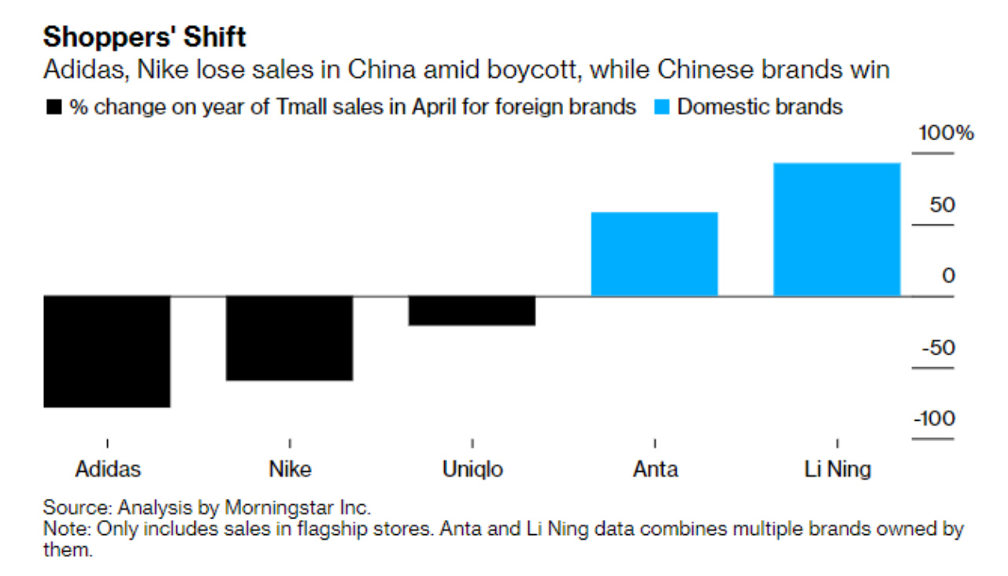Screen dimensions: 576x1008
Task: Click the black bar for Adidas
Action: coord(107,351)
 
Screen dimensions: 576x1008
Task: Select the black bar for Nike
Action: coord(289,338)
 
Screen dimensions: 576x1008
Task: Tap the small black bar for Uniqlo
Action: coord(472,310)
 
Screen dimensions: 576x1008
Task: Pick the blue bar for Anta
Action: coord(654,254)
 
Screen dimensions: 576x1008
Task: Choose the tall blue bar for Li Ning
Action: coord(836,229)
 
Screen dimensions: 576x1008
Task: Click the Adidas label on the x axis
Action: coord(108,470)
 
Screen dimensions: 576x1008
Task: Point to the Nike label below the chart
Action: coord(290,470)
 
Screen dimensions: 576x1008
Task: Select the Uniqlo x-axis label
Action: coord(472,470)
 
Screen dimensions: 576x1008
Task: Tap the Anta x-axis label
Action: coord(655,470)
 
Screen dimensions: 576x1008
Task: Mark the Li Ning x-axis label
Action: coord(837,470)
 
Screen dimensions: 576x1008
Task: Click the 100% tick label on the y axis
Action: coord(945,132)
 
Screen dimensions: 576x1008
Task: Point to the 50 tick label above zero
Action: coord(942,205)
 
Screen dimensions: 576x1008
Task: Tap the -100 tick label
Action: coord(934,418)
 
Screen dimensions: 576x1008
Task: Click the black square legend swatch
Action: coord(54,107)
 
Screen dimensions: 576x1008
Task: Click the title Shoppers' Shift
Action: coord(144,36)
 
